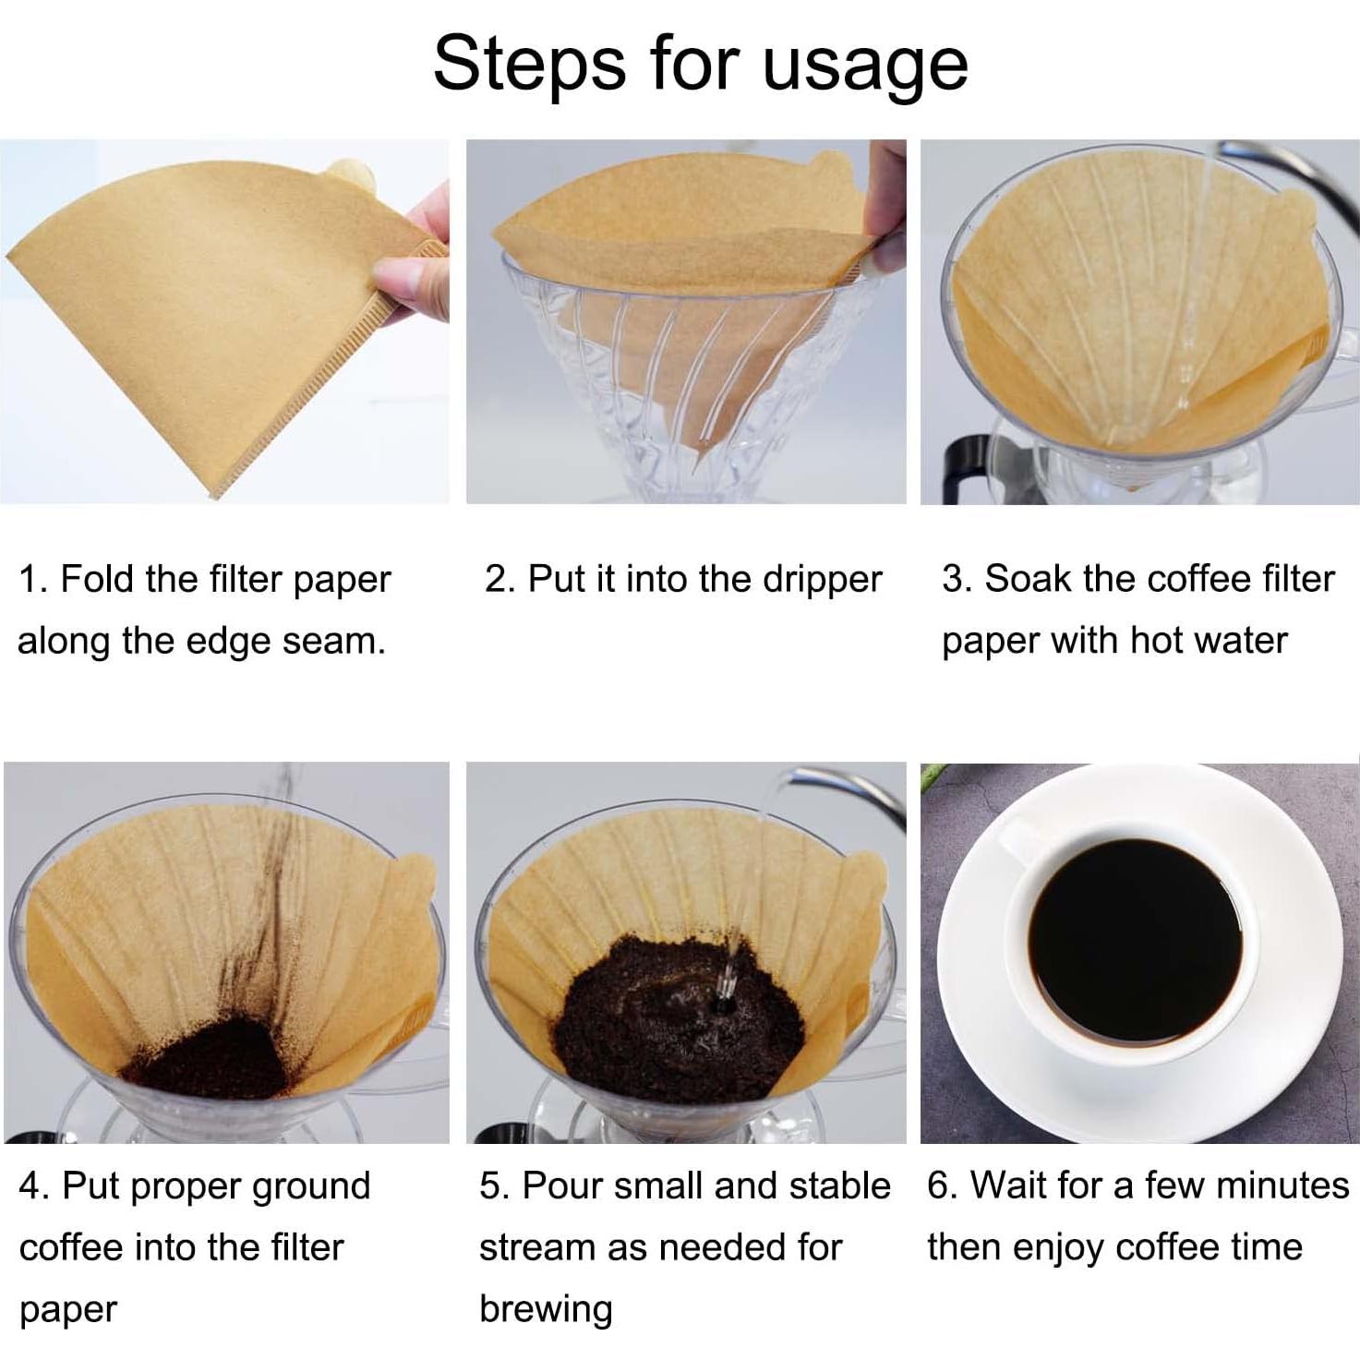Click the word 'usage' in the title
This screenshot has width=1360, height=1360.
pos(865,65)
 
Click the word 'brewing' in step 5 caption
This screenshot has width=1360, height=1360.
pos(546,1309)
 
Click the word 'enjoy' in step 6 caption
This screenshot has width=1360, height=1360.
pos(1062,1248)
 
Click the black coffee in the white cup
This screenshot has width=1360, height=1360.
pos(1135,940)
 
